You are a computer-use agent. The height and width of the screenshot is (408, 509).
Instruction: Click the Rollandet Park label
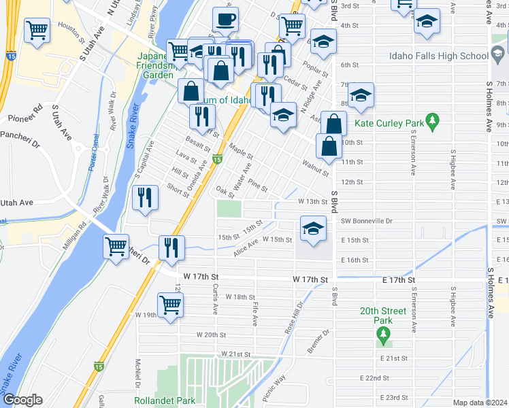point(165,401)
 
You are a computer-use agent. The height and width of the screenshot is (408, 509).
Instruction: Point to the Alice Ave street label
point(246,246)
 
